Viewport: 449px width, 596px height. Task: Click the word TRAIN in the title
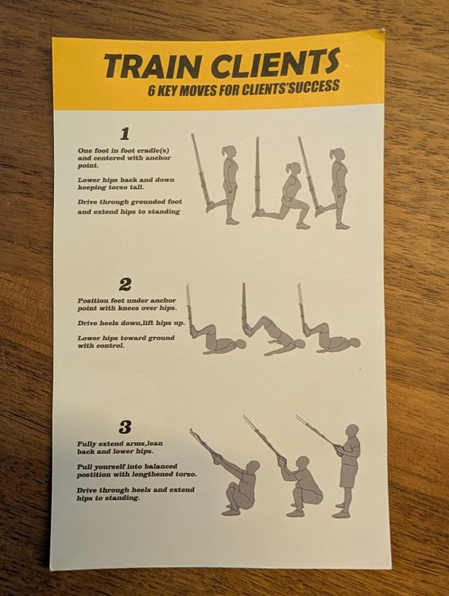click(151, 65)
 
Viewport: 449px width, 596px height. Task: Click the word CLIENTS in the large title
click(275, 61)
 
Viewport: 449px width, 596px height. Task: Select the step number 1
click(125, 134)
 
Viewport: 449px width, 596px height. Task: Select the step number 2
click(125, 284)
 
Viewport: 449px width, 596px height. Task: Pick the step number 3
click(125, 428)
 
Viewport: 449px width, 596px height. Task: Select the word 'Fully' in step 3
click(87, 444)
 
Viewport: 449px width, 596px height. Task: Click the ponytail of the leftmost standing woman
click(224, 152)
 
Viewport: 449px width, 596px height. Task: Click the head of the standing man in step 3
click(352, 431)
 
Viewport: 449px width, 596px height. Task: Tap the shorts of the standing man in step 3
click(349, 474)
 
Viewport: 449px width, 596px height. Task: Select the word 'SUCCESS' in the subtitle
click(313, 87)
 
